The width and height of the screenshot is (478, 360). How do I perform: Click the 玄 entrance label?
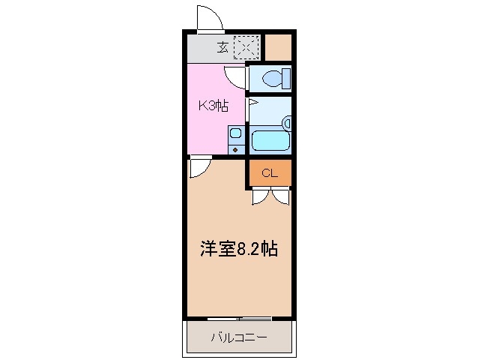click(x=223, y=48)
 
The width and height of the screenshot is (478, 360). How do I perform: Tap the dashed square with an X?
click(x=246, y=47)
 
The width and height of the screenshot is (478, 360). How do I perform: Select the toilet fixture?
click(x=273, y=77)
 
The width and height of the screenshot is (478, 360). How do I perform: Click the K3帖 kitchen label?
click(x=212, y=106)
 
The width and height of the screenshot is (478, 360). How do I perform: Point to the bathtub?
click(x=270, y=140)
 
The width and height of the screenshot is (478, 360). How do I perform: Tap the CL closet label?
click(x=270, y=173)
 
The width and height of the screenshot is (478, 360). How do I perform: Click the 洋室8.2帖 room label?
click(x=238, y=249)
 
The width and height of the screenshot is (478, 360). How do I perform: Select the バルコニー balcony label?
click(x=238, y=337)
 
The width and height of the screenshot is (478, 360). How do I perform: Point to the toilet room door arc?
click(x=237, y=74)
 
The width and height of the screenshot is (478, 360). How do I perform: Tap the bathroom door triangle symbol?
click(x=252, y=102)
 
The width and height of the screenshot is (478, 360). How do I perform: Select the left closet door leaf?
click(x=261, y=196)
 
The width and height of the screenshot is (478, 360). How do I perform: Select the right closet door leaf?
click(x=280, y=196)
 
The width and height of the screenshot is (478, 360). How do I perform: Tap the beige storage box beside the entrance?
click(x=278, y=47)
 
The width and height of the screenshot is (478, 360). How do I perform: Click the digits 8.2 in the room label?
click(x=251, y=249)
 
